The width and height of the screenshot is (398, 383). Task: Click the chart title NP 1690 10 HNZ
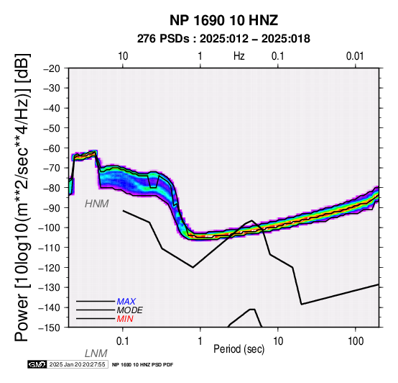point(223,20)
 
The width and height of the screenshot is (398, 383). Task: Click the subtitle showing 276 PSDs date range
point(223,39)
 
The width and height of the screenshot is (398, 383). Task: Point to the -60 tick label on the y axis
point(52,148)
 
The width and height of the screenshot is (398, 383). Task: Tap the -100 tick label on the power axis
point(50,227)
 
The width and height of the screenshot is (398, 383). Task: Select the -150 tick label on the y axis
point(50,328)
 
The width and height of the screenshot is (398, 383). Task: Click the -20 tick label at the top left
point(52,68)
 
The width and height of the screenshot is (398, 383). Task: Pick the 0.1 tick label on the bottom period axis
point(122,341)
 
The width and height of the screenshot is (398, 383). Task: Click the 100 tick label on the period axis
point(356,341)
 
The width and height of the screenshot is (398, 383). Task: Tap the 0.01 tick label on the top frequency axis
point(355,56)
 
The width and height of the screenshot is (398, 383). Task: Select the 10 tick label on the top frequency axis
point(123,56)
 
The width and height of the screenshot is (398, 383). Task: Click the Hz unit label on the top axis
point(239,56)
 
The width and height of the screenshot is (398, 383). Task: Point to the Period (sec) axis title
point(239,349)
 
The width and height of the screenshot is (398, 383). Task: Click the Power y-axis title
point(22,197)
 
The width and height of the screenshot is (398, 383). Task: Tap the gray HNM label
point(97,204)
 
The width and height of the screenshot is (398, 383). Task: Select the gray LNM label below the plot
point(96,353)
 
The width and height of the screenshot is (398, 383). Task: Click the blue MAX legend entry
point(126,302)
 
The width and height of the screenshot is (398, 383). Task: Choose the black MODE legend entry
point(130,310)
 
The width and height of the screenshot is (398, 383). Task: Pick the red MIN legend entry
point(125,319)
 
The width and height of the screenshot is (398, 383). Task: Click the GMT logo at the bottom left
point(37,364)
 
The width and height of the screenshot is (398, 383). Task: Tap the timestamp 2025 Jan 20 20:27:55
point(77,364)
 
